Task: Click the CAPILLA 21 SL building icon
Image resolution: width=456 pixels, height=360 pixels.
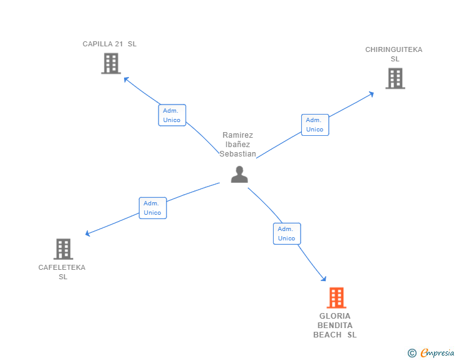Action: (x=110, y=63)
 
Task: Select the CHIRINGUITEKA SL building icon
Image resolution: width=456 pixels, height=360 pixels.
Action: (x=395, y=78)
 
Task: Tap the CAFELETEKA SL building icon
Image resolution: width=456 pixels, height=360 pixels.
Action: (x=63, y=249)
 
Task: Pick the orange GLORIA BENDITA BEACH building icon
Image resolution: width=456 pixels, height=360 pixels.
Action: (x=336, y=298)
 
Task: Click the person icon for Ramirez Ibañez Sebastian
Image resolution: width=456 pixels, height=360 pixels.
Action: (x=239, y=174)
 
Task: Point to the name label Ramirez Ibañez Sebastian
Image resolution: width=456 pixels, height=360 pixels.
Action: (x=238, y=145)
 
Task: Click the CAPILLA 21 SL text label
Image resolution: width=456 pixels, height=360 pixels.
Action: (x=110, y=44)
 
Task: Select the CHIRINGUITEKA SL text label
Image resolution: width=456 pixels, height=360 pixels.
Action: (x=394, y=54)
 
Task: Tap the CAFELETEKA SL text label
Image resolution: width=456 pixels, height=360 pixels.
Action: (x=62, y=272)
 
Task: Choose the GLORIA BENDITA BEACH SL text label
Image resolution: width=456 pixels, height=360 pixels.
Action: (x=335, y=325)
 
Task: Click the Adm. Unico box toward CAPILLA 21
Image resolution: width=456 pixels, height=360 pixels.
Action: (x=172, y=115)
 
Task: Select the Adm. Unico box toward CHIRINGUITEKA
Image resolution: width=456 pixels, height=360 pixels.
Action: (x=314, y=125)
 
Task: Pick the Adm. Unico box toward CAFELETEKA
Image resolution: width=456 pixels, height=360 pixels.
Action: (x=152, y=208)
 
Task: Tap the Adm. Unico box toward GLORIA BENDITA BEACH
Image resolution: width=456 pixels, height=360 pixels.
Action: (x=287, y=234)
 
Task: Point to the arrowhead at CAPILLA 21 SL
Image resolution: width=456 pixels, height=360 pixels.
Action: (x=126, y=79)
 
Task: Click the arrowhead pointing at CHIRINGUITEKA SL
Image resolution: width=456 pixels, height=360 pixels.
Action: (x=371, y=94)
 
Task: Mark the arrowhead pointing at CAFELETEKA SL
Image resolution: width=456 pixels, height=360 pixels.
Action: (x=88, y=234)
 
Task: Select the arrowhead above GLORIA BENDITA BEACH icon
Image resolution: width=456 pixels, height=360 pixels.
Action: (x=324, y=279)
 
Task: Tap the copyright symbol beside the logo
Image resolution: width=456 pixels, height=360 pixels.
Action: (x=412, y=353)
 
